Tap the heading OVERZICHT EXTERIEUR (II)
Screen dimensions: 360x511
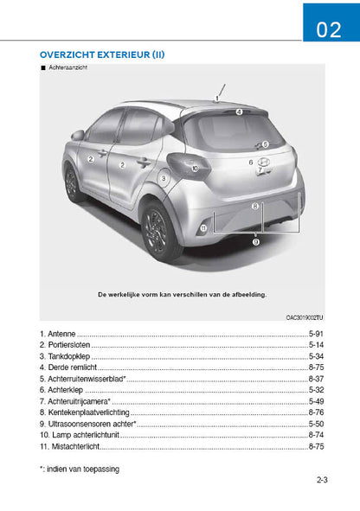(102, 54)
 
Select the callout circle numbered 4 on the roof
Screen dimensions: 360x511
(239, 112)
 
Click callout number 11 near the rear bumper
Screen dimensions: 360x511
(203, 227)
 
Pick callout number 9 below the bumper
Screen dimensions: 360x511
(255, 243)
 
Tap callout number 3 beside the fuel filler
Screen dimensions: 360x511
(163, 179)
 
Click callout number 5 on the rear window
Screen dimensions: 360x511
(265, 144)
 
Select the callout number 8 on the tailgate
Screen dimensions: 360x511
(254, 207)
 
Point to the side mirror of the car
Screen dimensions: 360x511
(78, 135)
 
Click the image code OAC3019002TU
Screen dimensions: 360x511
(305, 317)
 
